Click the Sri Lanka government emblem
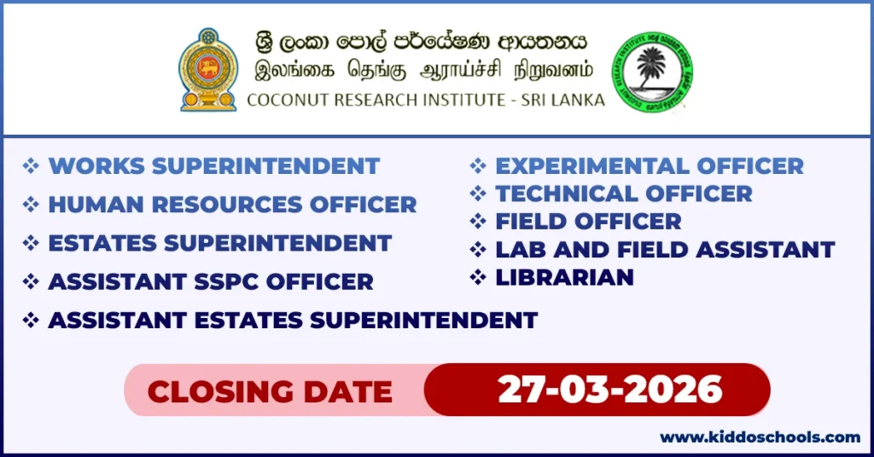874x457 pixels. point(207,70)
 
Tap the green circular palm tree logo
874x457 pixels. point(652,72)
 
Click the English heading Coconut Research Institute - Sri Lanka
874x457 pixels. point(425,100)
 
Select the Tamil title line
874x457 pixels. point(424,71)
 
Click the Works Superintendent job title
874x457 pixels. point(213,165)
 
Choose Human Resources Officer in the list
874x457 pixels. point(232,205)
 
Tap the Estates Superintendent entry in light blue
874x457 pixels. point(219,243)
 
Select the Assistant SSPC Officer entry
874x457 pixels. point(211,281)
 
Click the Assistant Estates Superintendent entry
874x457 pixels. point(293,321)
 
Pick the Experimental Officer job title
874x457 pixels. point(650,165)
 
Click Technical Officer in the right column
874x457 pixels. point(624,194)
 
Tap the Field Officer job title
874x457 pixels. point(588,222)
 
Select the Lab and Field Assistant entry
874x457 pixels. point(665,250)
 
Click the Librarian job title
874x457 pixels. point(564,277)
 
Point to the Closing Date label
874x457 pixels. point(270,391)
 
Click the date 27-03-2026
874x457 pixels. point(610,390)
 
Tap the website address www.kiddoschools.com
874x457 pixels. point(760,437)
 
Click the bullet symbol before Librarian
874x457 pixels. point(478,277)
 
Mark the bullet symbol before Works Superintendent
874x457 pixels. point(31,165)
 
